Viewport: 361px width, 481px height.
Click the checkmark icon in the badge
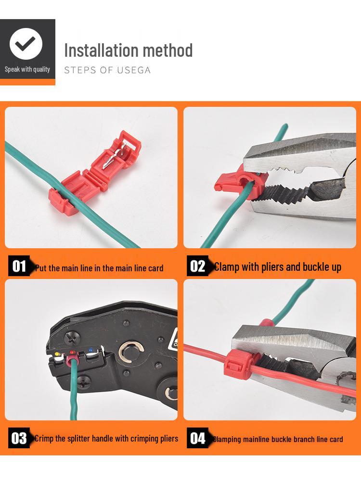pyautogui.click(x=26, y=44)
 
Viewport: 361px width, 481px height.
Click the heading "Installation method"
pyautogui.click(x=128, y=50)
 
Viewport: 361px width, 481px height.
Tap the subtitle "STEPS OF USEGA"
pyautogui.click(x=107, y=70)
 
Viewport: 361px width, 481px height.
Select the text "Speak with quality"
pyautogui.click(x=27, y=69)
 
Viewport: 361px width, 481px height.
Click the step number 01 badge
pyautogui.click(x=19, y=266)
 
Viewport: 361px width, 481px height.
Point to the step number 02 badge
pyautogui.click(x=197, y=266)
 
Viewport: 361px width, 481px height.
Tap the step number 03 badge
pyautogui.click(x=19, y=438)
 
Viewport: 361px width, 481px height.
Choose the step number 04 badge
pyautogui.click(x=197, y=438)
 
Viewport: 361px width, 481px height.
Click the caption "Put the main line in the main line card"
pyautogui.click(x=99, y=268)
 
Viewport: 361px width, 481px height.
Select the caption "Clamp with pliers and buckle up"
pyautogui.click(x=278, y=266)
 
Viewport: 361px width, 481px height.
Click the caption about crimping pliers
pyautogui.click(x=106, y=438)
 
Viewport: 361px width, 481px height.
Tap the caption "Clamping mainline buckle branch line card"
pyautogui.click(x=278, y=439)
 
